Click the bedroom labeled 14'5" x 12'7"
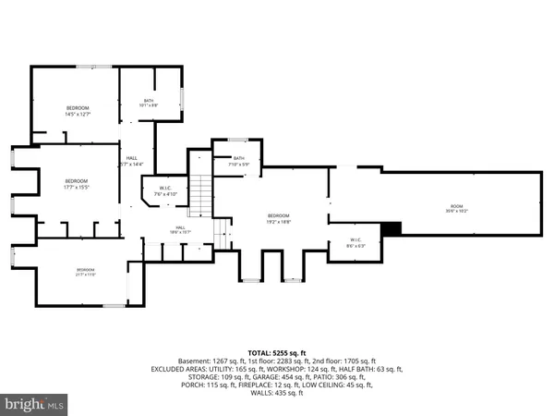coord(77,111)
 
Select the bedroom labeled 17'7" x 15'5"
coord(76,184)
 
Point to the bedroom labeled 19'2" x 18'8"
coord(279,218)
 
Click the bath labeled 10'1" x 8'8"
coord(149,103)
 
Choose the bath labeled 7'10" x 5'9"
coord(238,161)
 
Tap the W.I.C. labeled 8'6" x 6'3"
coord(355,243)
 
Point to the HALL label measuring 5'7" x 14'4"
coord(131,161)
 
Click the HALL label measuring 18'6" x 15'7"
coord(181,229)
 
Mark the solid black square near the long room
coord(391,229)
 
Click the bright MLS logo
coord(35,404)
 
